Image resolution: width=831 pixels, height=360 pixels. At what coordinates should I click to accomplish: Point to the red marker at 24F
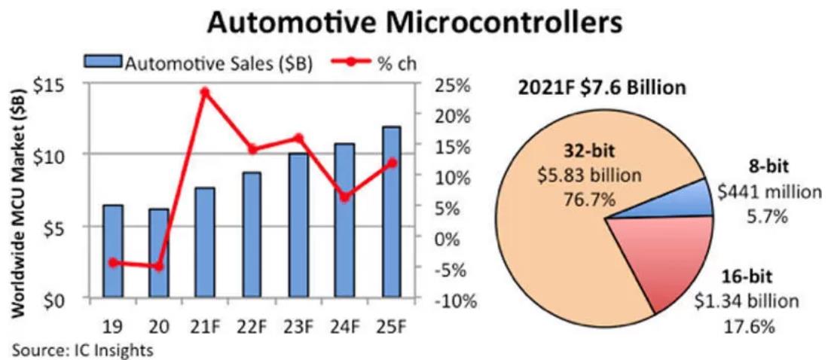pyautogui.click(x=344, y=197)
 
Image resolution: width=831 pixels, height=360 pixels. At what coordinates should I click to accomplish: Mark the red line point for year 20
pyautogui.click(x=159, y=267)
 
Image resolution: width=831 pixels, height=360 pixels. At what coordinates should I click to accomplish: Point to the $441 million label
pyautogui.click(x=768, y=192)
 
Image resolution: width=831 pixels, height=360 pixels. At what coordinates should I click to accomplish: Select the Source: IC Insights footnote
pyautogui.click(x=82, y=349)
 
